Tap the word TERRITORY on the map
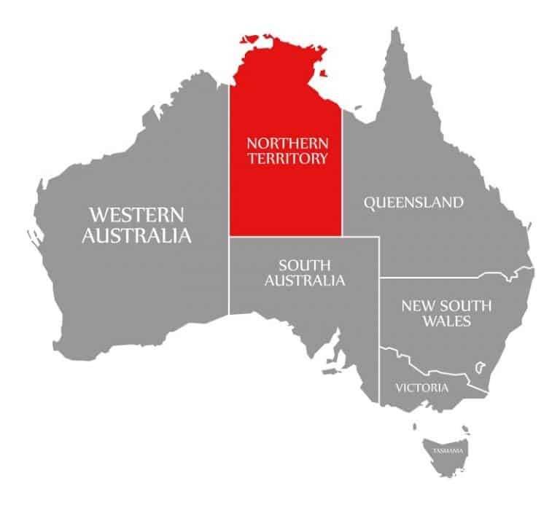[x=287, y=157]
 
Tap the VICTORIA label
[x=421, y=388]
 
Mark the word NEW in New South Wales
[x=414, y=306]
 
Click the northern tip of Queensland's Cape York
[x=396, y=31]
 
